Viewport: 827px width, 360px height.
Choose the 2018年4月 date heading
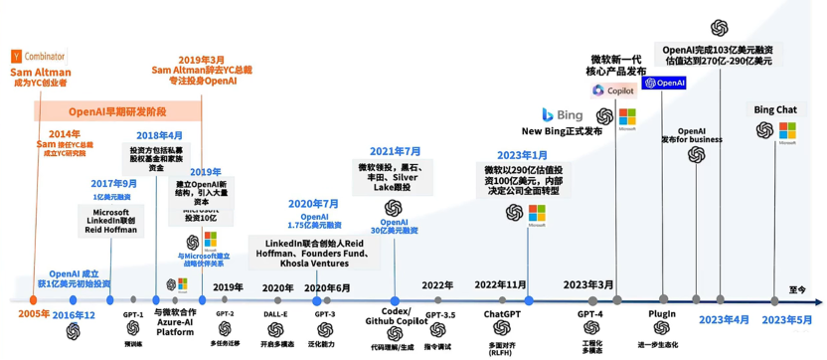pos(160,135)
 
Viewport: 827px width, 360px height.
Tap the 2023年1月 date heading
pos(523,155)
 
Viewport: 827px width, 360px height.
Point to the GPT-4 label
pos(590,313)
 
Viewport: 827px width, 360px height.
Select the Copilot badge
pos(614,90)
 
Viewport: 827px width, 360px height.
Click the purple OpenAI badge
pos(665,84)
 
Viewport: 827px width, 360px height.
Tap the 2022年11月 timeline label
pos(500,285)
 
